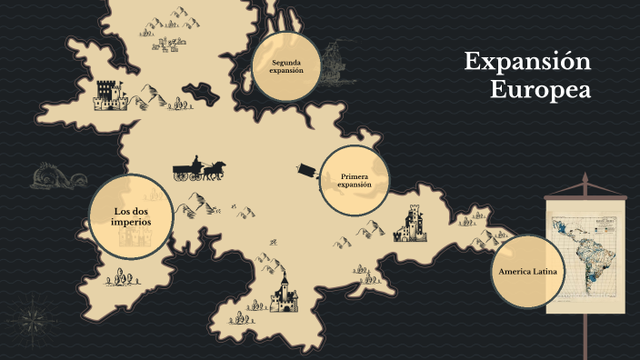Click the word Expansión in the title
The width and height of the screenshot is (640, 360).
pyautogui.click(x=527, y=62)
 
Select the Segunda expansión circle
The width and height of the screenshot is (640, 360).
pyautogui.click(x=285, y=66)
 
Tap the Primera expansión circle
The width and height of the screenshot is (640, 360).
pyautogui.click(x=355, y=180)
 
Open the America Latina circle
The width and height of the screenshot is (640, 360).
pyautogui.click(x=527, y=272)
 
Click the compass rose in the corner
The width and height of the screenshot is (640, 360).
pyautogui.click(x=34, y=319)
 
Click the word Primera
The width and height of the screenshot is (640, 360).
pyautogui.click(x=355, y=175)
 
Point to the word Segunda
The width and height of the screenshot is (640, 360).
pyautogui.click(x=285, y=62)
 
